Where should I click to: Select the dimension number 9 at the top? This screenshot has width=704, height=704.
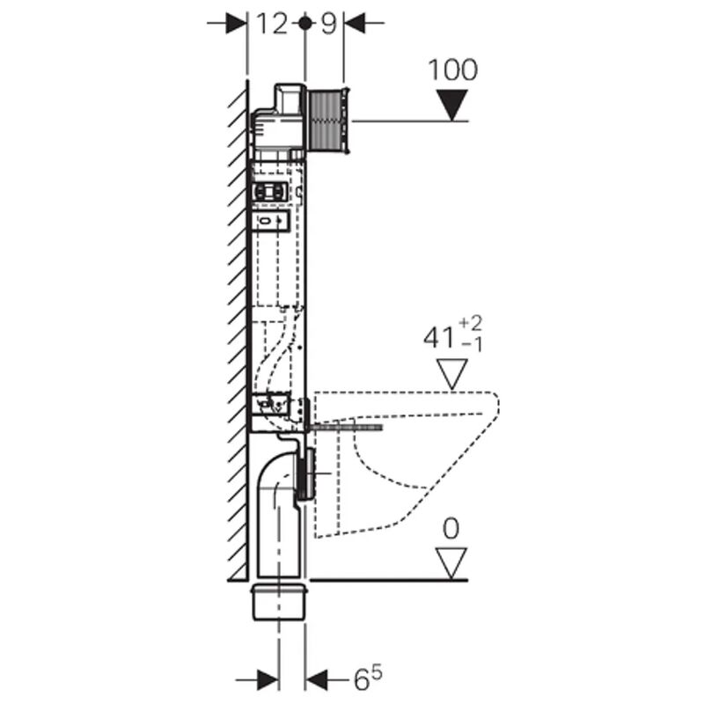(x=327, y=24)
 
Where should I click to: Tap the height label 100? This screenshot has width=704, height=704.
(x=452, y=70)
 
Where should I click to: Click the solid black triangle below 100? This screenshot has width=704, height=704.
(x=452, y=106)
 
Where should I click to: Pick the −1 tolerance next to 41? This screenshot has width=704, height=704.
(x=473, y=345)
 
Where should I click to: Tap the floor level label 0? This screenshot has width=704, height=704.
(x=451, y=528)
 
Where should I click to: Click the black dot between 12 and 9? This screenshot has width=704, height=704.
(x=304, y=24)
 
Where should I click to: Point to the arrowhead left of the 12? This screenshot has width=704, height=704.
(x=236, y=24)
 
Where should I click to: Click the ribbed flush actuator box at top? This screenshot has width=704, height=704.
(x=329, y=120)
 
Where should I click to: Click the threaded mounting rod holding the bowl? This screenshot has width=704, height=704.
(x=348, y=427)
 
